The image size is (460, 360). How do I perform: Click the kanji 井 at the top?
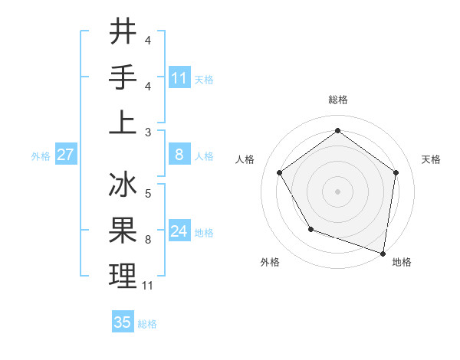[123, 32]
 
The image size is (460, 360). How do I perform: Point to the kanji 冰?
[123, 186]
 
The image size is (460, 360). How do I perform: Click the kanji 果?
[123, 230]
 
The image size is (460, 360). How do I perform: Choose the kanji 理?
[123, 276]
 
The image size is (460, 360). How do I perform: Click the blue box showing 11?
[179, 77]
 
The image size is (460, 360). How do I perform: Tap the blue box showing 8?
[179, 155]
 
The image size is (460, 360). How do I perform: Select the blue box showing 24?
[179, 231]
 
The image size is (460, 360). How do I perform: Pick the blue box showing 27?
[65, 155]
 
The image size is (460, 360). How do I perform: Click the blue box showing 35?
[123, 322]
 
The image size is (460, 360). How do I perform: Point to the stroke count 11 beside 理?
[148, 286]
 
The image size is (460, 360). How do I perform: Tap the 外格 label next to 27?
[41, 155]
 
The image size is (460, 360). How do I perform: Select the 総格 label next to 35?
[147, 324]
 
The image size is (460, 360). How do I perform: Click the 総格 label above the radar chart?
[337, 100]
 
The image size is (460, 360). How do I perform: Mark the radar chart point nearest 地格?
[383, 253]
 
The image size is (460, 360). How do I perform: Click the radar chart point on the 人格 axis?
[279, 172]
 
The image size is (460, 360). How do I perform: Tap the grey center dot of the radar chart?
[337, 191]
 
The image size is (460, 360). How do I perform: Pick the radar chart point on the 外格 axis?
[310, 228]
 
